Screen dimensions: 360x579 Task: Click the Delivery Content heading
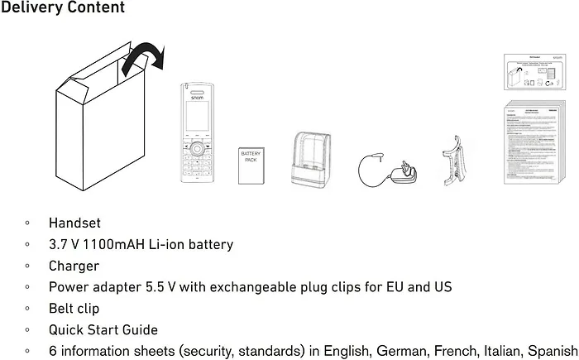pyautogui.click(x=63, y=8)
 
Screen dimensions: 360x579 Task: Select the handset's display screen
pyautogui.click(x=197, y=119)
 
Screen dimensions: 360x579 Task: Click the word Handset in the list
pyautogui.click(x=74, y=223)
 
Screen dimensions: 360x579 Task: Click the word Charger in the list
pyautogui.click(x=74, y=266)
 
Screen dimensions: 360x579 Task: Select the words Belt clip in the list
pyautogui.click(x=74, y=309)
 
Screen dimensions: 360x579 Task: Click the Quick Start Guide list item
pyautogui.click(x=103, y=330)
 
